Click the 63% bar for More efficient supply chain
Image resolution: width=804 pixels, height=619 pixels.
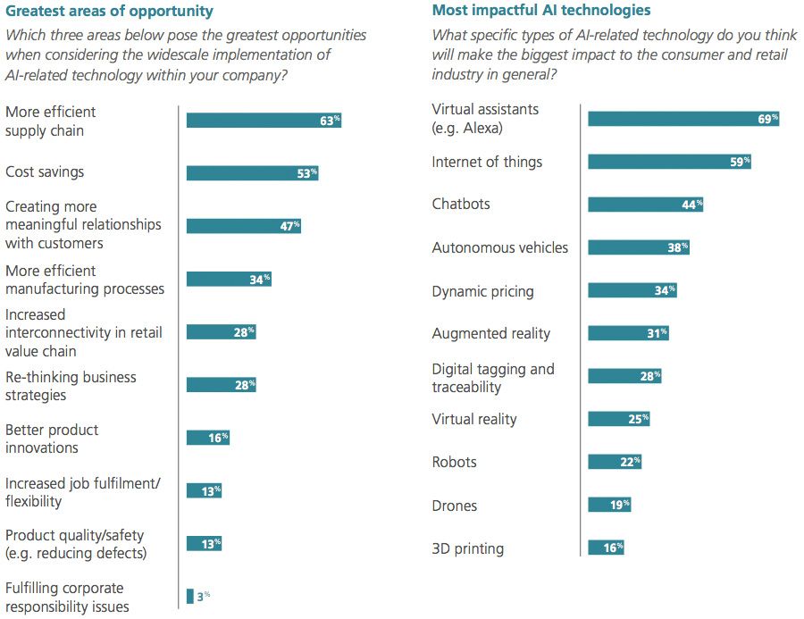[x=264, y=121]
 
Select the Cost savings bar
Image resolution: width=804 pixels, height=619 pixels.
[x=252, y=173]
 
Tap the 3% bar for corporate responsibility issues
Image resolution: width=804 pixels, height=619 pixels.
[x=189, y=596]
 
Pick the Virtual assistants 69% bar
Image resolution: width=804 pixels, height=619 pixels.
[x=683, y=119]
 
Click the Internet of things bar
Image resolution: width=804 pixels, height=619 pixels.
[x=669, y=162]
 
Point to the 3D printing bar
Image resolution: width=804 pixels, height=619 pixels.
[x=606, y=548]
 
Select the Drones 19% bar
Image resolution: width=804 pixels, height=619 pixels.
[x=609, y=505]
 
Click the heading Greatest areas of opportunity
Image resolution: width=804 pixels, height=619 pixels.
[x=109, y=12]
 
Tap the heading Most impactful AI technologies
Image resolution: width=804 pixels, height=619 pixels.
[x=541, y=11]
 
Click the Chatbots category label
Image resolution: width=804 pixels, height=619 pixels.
[x=461, y=204]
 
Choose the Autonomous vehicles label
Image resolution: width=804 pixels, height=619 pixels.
[x=499, y=247]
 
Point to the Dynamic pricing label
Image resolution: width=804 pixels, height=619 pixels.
[x=482, y=291]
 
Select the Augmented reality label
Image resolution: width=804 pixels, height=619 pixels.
[x=490, y=333]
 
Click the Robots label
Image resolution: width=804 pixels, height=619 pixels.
[x=454, y=462]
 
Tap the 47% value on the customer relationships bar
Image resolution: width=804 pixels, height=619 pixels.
[x=289, y=226]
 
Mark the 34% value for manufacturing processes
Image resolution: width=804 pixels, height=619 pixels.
[x=259, y=280]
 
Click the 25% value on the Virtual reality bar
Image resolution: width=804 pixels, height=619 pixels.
[x=638, y=419]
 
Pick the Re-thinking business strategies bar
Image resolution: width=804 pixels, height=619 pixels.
[x=221, y=385]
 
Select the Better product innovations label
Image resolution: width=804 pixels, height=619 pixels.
[x=52, y=439]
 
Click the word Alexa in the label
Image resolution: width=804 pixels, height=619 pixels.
[x=482, y=128]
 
